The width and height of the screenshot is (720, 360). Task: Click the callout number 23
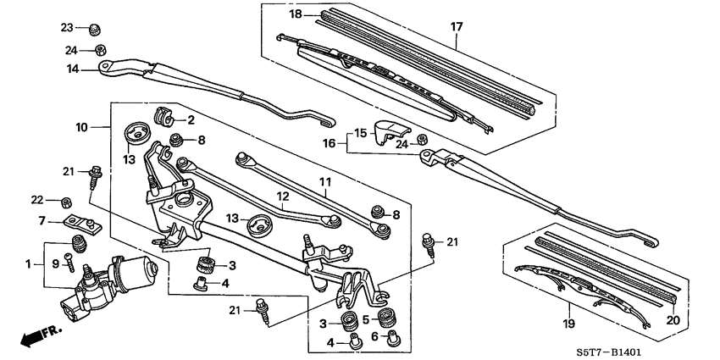[x=67, y=27]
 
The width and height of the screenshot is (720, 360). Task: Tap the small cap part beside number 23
[x=96, y=27]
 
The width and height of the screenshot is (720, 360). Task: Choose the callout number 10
[x=81, y=127]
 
